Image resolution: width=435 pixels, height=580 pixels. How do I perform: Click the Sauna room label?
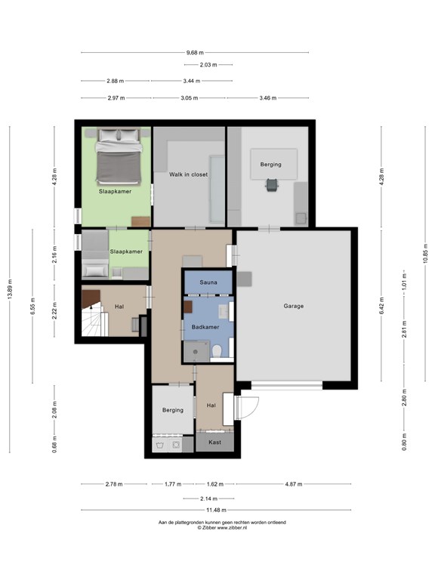(x=208, y=282)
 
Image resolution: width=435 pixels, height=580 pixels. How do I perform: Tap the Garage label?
(x=294, y=306)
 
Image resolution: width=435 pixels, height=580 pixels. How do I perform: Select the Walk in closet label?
(x=188, y=174)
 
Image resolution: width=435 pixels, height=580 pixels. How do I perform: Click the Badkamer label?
(x=205, y=327)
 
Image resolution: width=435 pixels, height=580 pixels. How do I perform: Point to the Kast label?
(x=215, y=442)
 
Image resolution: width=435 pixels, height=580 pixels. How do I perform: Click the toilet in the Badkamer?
(x=217, y=351)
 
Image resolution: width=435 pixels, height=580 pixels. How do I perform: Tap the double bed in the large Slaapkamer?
(x=119, y=156)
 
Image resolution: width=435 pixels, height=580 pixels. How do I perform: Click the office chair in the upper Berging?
(x=272, y=184)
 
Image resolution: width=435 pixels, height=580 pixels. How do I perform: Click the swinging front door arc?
(x=251, y=408)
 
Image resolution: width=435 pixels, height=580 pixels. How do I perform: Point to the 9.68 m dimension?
(x=195, y=53)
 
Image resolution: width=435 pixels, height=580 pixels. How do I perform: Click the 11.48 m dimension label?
(x=216, y=510)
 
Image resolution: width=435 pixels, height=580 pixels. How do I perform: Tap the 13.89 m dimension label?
(x=10, y=289)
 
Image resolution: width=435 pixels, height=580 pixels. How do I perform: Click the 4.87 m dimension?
(x=294, y=484)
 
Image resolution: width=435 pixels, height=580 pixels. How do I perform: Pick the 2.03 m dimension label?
(x=208, y=65)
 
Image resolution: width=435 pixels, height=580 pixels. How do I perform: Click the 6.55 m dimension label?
(x=32, y=306)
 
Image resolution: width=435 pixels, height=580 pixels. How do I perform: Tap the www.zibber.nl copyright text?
(x=222, y=528)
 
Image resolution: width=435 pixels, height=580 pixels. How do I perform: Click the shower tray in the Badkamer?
(x=196, y=351)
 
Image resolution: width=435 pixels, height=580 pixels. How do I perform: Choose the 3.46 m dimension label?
(x=268, y=98)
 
